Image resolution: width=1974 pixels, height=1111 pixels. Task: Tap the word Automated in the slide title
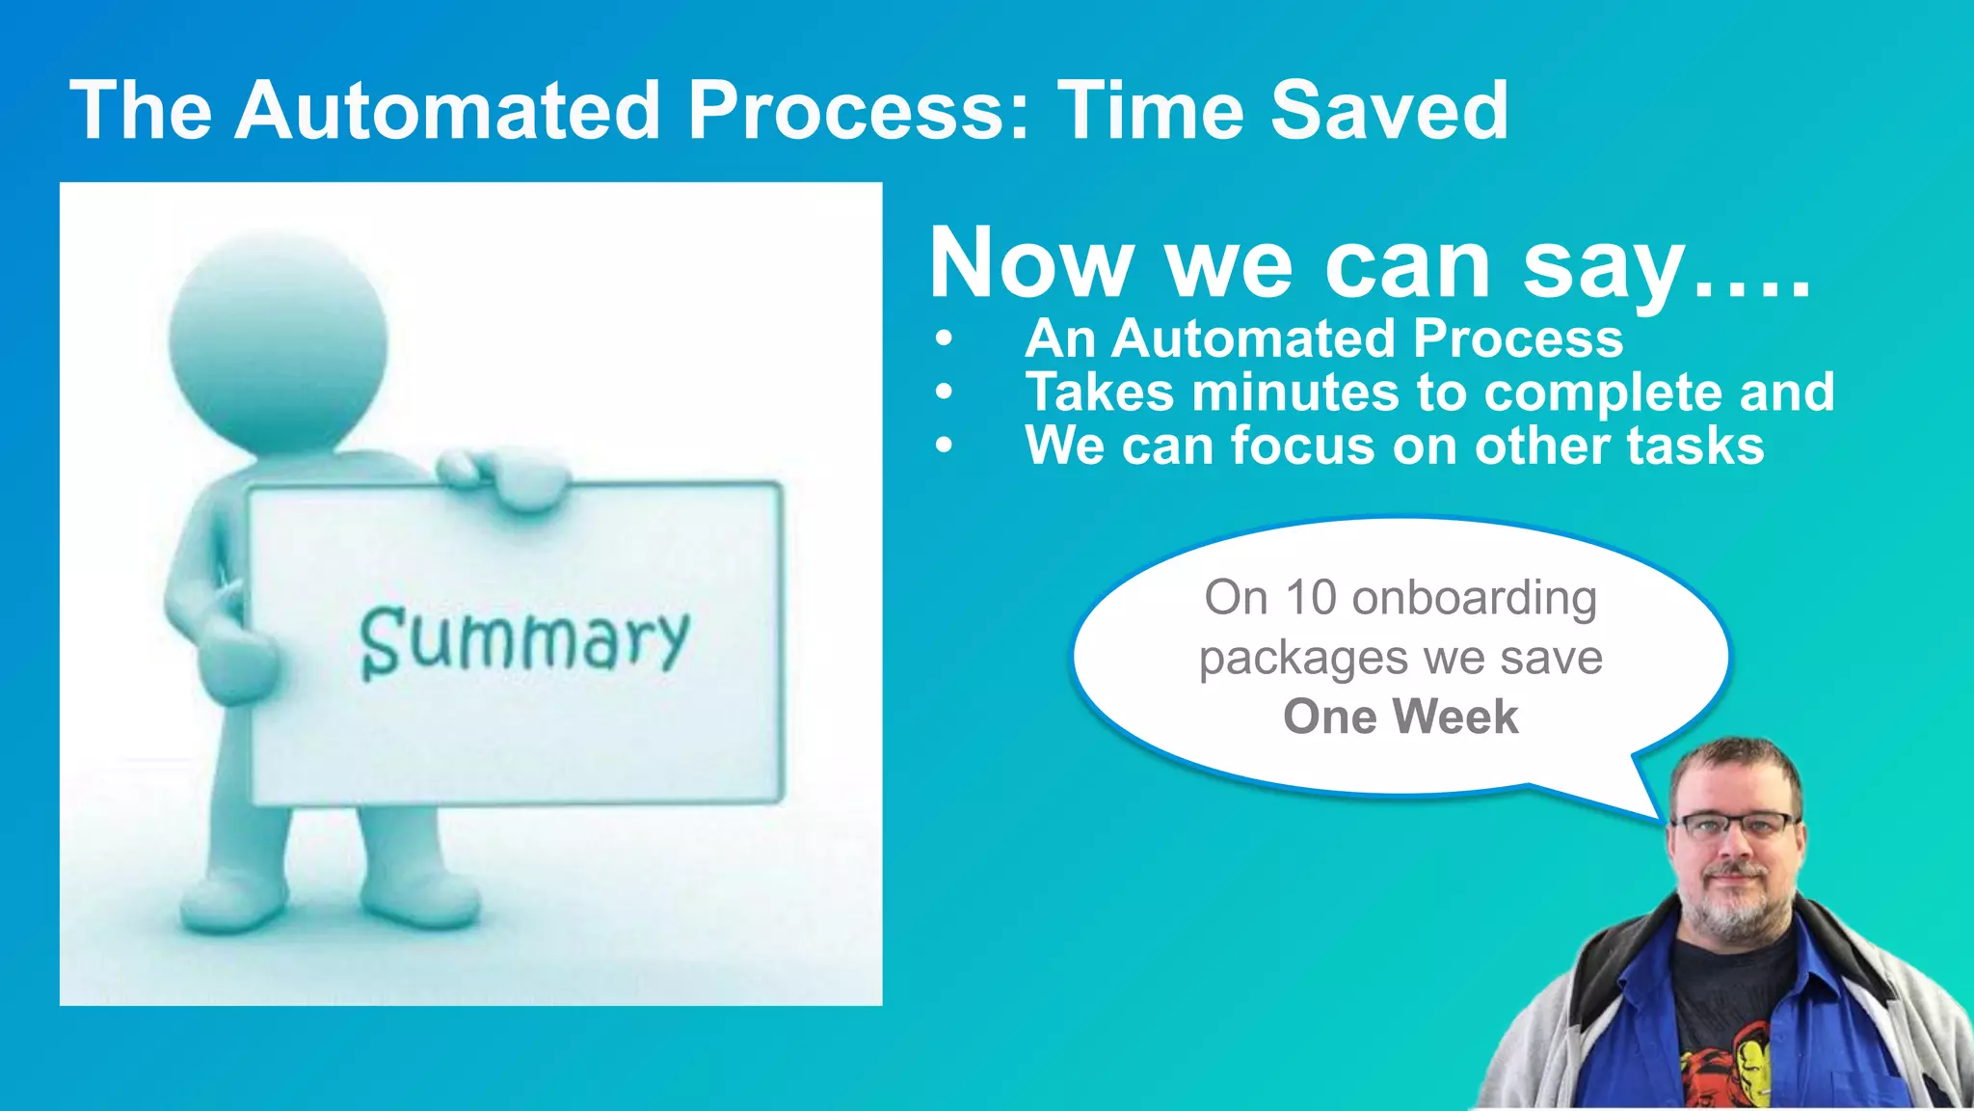click(447, 111)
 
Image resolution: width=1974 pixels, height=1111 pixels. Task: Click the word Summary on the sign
click(524, 640)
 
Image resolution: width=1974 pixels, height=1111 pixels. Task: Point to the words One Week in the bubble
click(1400, 717)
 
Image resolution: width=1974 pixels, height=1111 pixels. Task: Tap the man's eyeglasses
click(1734, 826)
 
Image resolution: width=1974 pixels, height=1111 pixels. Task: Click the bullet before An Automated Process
click(944, 339)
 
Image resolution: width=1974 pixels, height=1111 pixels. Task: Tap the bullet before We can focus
click(944, 446)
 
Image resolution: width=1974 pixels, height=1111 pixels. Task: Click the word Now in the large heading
click(1030, 264)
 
